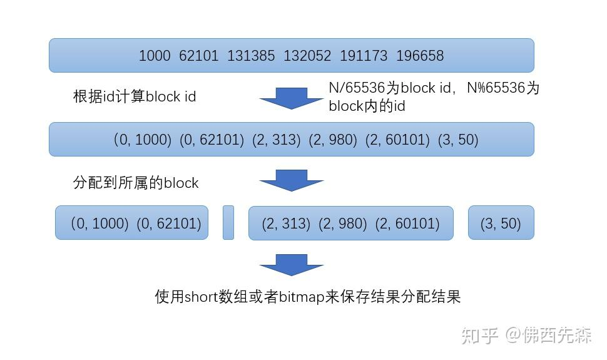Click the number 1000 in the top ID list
tap(154, 56)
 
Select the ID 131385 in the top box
tap(250, 56)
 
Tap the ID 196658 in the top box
tap(420, 56)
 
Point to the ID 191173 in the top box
tap(364, 56)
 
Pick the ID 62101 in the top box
tap(198, 56)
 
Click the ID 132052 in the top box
tap(307, 56)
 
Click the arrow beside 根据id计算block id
tap(292, 98)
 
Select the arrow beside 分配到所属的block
tap(292, 180)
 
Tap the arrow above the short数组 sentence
tap(292, 265)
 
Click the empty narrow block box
tap(228, 222)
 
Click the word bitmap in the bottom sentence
tap(300, 296)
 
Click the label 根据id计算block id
tap(135, 96)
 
